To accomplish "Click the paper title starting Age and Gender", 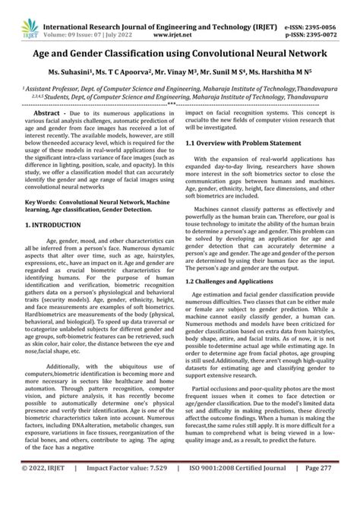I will click(x=180, y=54).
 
